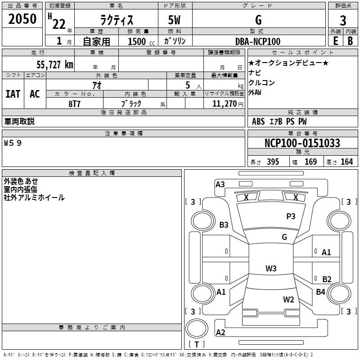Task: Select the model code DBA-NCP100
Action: click(x=257, y=41)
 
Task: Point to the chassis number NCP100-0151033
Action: click(x=302, y=143)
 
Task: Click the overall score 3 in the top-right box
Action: click(x=343, y=20)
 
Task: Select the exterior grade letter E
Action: click(x=335, y=41)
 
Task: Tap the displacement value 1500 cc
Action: click(x=139, y=41)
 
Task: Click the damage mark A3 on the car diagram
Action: click(x=220, y=184)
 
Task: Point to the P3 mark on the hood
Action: click(x=291, y=216)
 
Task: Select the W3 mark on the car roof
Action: click(x=270, y=269)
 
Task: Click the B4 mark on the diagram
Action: click(x=320, y=292)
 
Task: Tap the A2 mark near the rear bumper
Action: click(x=220, y=333)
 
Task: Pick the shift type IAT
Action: click(x=13, y=94)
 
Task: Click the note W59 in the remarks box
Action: click(x=13, y=143)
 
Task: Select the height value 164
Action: click(x=346, y=162)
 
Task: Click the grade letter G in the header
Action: click(x=258, y=20)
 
